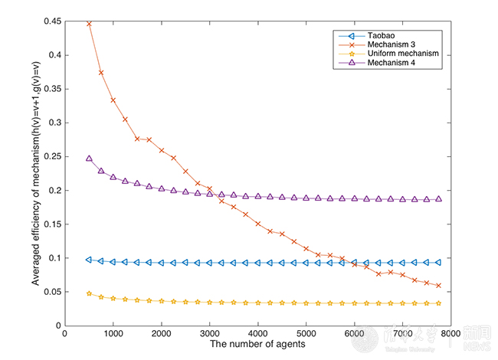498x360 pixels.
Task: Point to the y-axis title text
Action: tap(36, 172)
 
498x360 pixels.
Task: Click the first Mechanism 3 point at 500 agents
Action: tap(89, 24)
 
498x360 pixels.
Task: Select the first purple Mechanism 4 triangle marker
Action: tap(89, 159)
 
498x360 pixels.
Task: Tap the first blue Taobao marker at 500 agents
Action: tap(89, 260)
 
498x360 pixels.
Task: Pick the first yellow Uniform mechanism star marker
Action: tap(89, 293)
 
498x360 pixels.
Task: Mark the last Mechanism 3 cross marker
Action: tap(438, 286)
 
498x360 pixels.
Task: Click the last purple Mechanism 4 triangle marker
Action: tap(438, 199)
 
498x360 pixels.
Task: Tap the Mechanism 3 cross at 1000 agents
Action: tap(113, 100)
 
